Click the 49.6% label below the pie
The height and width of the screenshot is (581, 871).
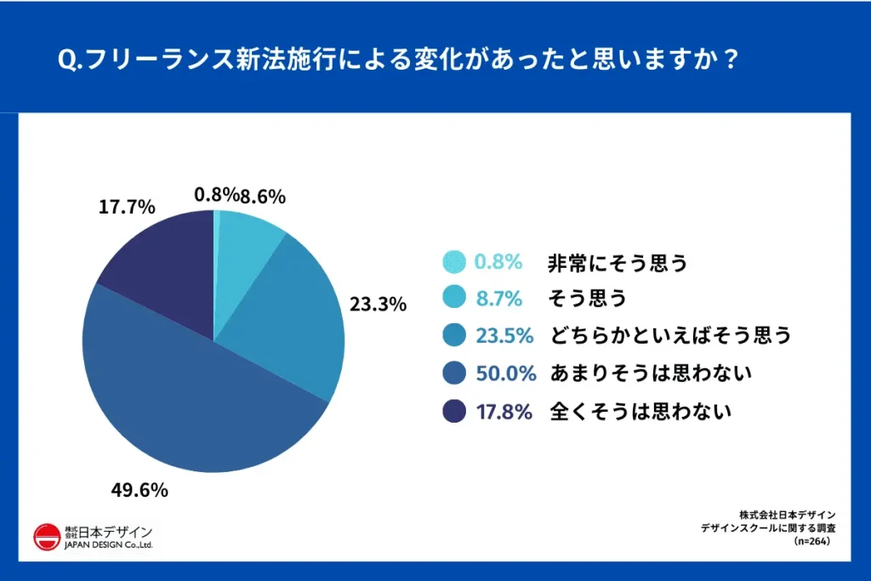tap(139, 490)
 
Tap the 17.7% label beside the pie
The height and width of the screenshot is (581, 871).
tap(127, 207)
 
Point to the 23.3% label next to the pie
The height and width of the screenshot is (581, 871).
tap(378, 304)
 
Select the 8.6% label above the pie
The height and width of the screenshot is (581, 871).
tap(263, 197)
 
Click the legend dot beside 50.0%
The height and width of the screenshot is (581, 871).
tap(454, 373)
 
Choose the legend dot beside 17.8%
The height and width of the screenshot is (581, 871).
tap(454, 412)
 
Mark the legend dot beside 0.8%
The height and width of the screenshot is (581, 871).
tap(454, 262)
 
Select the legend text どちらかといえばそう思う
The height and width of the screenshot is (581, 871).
tap(670, 335)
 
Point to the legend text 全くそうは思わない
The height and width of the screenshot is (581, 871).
tap(641, 412)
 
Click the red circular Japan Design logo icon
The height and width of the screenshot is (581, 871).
tap(46, 536)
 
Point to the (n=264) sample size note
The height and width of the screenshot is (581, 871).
tap(811, 540)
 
